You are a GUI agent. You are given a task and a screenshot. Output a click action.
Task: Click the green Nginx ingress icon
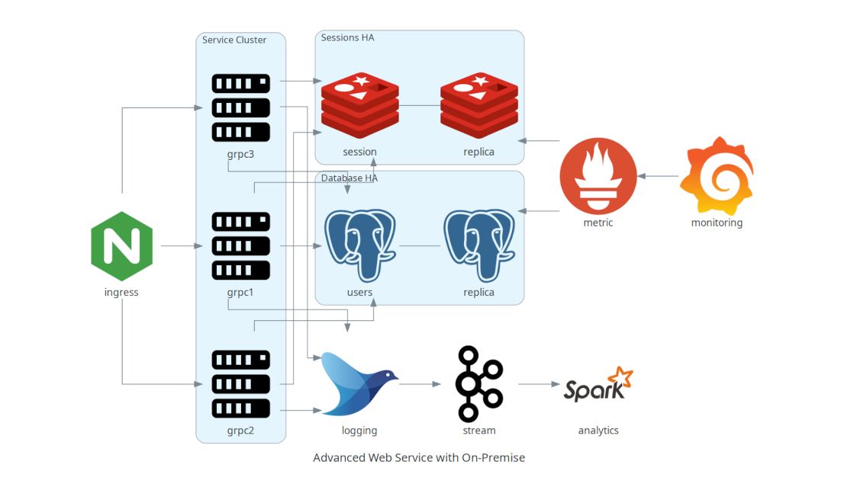pos(121,247)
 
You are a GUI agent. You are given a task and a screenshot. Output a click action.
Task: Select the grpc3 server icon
pos(240,107)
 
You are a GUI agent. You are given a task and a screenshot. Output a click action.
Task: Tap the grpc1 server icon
pos(240,246)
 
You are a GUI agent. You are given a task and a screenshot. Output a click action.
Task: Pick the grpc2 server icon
pos(240,384)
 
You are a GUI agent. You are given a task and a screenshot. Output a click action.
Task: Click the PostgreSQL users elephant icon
pos(359,245)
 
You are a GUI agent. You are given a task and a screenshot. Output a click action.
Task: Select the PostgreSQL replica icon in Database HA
pos(478,245)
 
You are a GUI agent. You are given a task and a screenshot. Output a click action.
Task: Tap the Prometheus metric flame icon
pos(598,176)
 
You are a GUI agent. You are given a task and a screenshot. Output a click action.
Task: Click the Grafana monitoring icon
pos(717,176)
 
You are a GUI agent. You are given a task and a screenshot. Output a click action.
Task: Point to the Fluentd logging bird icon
pos(359,384)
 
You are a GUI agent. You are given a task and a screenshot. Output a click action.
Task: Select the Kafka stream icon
pos(478,384)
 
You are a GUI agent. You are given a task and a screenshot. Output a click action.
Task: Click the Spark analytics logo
pos(598,384)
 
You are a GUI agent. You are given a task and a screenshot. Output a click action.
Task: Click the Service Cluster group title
pos(234,40)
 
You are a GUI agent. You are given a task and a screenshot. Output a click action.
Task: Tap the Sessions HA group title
pos(347,37)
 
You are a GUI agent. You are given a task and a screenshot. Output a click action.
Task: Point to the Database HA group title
pos(349,178)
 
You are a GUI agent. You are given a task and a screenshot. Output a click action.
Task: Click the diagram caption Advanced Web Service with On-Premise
pos(419,458)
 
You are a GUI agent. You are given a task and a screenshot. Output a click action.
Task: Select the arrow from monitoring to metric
pos(658,176)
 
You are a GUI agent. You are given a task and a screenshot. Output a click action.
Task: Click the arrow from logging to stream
pos(420,384)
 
